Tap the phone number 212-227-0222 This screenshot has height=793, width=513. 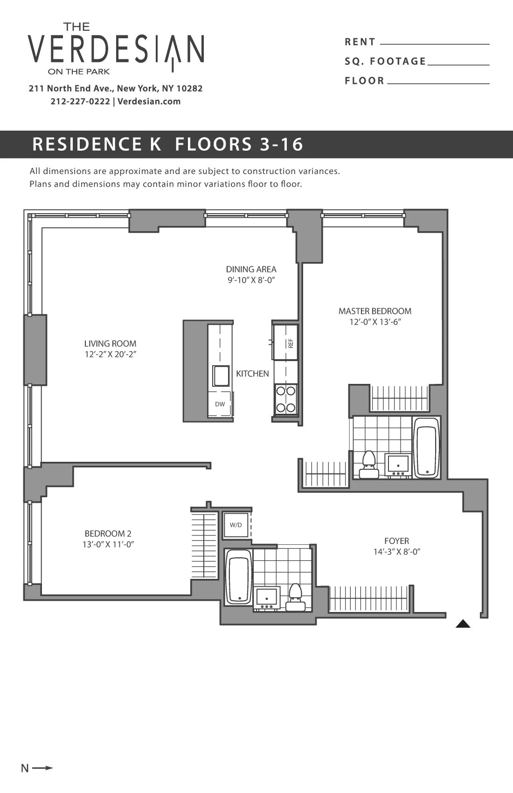pos(80,101)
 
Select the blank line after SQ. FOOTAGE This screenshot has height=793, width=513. pos(458,63)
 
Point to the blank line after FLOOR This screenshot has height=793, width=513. pos(438,83)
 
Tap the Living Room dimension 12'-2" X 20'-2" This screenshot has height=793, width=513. pos(110,355)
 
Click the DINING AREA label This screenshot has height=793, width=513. pos(251,269)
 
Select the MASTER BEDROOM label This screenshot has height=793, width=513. pos(375,311)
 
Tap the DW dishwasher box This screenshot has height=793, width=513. pos(220,404)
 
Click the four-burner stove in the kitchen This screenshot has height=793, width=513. pos(286,399)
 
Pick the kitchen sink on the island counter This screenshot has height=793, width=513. pos(221,376)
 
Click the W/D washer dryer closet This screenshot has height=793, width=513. pos(236,525)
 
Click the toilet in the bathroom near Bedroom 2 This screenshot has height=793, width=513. pos(296,596)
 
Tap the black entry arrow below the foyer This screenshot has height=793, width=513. pos(463,624)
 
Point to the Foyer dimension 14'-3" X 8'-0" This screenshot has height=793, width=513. pos(397,552)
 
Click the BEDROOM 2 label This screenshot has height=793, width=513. pos(108,534)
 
